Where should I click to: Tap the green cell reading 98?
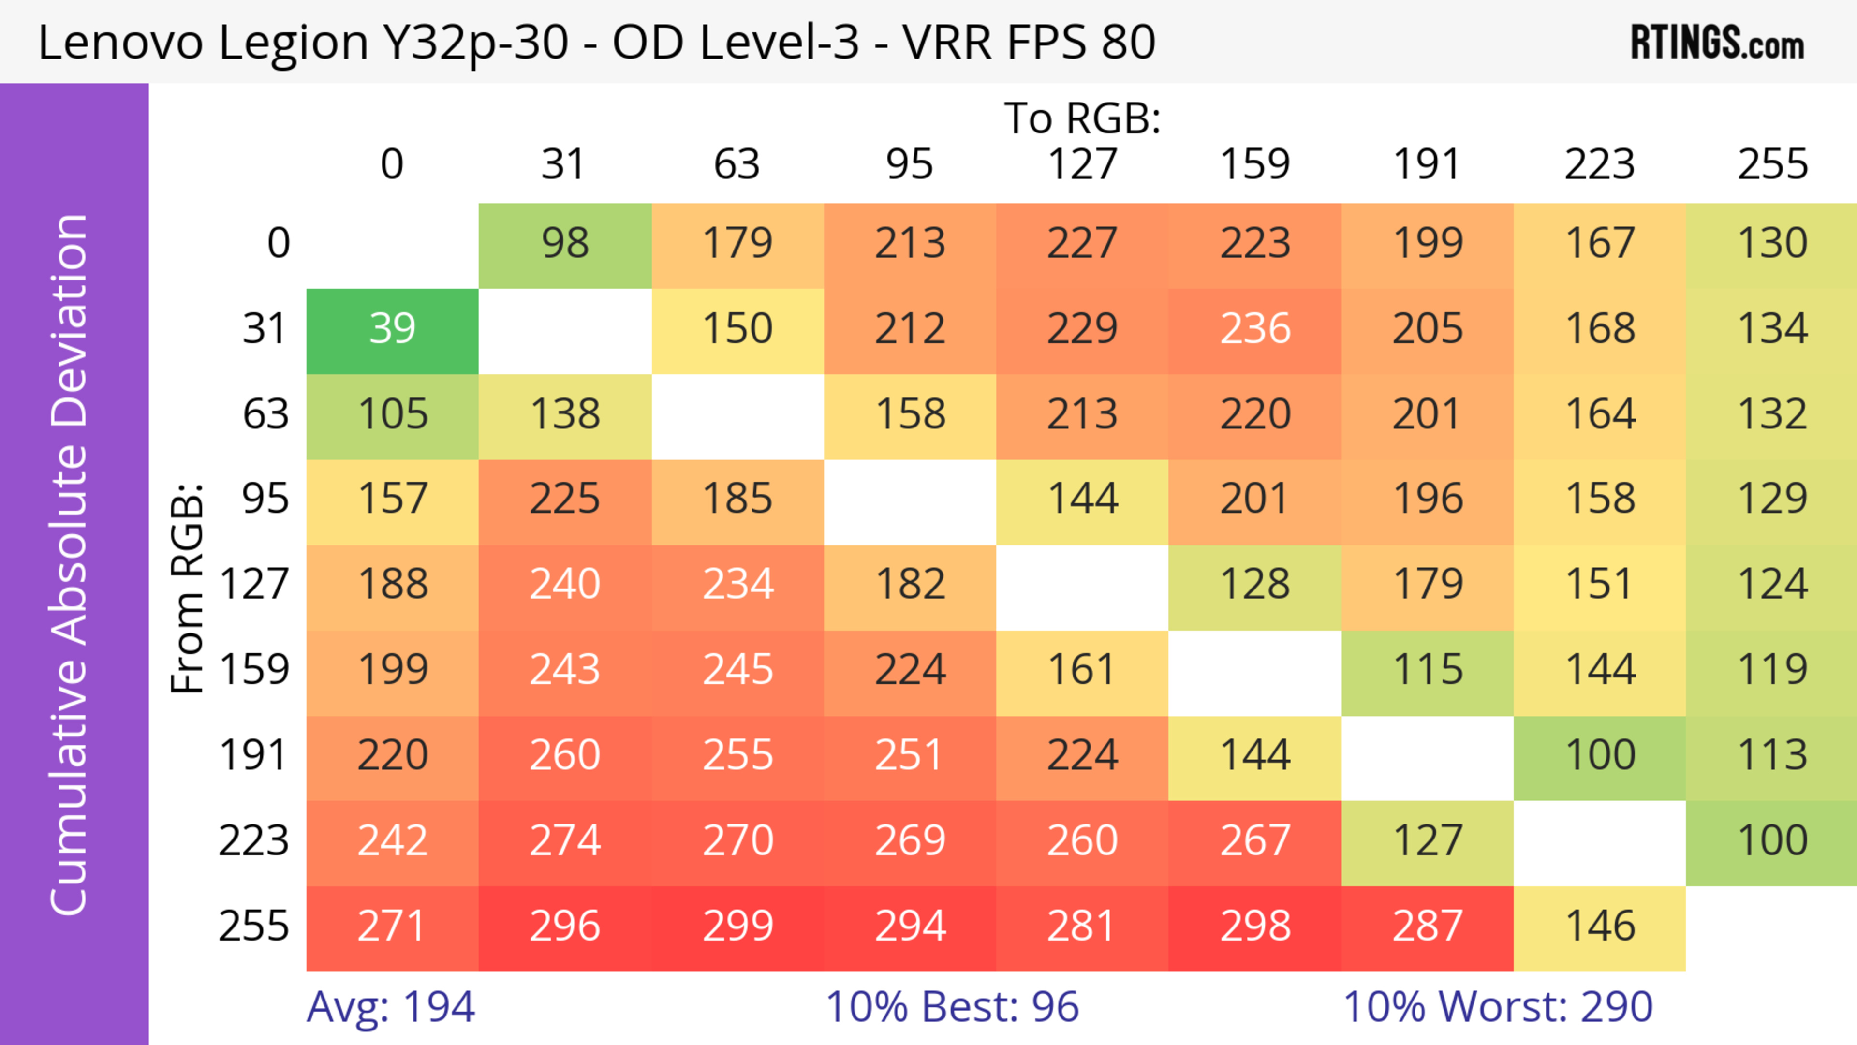pyautogui.click(x=565, y=244)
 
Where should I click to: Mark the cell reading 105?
pyautogui.click(x=392, y=415)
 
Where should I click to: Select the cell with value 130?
pyautogui.click(x=1772, y=244)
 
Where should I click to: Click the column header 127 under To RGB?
pyautogui.click(x=1082, y=165)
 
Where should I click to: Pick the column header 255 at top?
pyautogui.click(x=1772, y=165)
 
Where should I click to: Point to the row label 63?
pyautogui.click(x=265, y=415)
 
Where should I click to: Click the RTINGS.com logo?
pyautogui.click(x=1717, y=43)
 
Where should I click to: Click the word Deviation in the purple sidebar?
pyautogui.click(x=70, y=321)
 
